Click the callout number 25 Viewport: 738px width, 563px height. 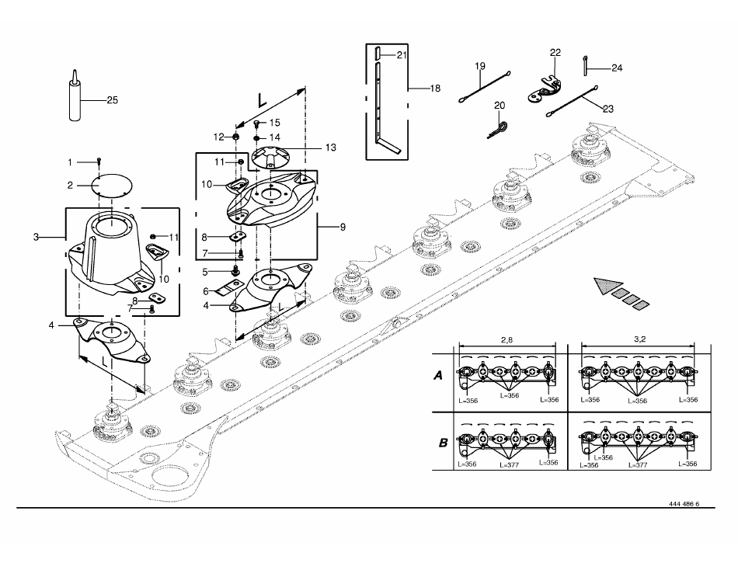point(112,100)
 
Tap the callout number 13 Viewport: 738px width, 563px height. point(331,148)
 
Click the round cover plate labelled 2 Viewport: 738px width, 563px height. point(112,185)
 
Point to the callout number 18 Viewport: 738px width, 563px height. point(435,89)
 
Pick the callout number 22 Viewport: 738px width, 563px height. point(555,52)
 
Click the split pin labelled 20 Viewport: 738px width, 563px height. point(498,130)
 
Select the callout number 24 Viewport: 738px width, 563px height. point(617,68)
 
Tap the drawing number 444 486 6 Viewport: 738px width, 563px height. point(684,504)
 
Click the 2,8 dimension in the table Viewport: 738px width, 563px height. point(507,339)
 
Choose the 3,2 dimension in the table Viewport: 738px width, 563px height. point(639,339)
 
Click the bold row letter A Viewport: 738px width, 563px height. point(438,376)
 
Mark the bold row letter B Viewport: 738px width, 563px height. point(443,443)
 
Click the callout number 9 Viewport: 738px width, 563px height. point(343,228)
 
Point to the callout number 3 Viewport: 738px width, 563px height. point(36,237)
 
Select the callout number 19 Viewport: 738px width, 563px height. point(479,66)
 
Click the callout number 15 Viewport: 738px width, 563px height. point(274,123)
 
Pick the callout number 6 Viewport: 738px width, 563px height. point(206,292)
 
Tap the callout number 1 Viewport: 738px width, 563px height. point(70,163)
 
